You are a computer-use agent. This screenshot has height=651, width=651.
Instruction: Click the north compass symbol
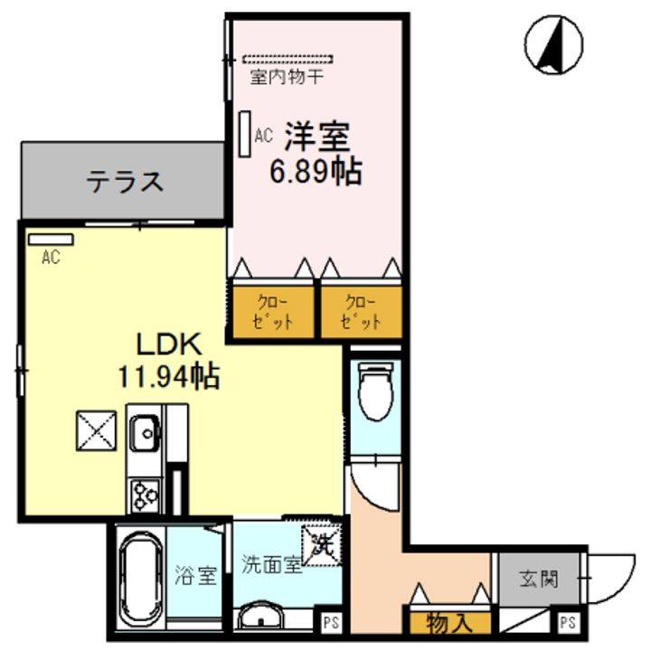(x=552, y=44)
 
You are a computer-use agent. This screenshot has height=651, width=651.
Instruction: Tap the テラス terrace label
(x=126, y=182)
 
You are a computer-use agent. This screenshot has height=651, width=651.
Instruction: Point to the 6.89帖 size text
(x=316, y=171)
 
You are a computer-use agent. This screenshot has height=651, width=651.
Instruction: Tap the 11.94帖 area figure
(x=169, y=375)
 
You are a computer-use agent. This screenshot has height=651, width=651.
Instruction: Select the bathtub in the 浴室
(x=139, y=576)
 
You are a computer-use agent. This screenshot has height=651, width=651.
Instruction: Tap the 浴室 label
(x=196, y=575)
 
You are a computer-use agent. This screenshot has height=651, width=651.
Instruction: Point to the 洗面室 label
(x=270, y=565)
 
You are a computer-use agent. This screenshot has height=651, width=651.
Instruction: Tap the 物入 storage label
(x=448, y=623)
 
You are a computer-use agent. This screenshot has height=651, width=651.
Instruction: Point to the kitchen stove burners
(x=144, y=494)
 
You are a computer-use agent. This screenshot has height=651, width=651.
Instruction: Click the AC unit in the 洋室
(x=245, y=134)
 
